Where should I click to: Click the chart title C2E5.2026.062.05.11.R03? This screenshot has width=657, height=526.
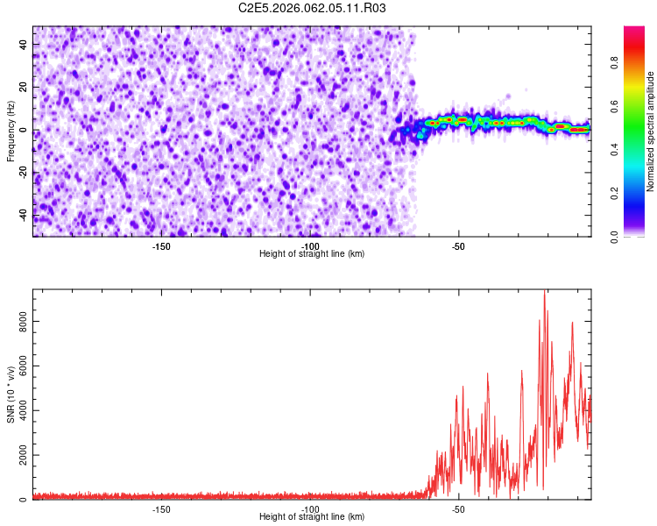312,8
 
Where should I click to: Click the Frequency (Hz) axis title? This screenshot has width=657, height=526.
11,131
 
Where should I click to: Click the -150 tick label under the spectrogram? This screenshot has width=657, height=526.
161,245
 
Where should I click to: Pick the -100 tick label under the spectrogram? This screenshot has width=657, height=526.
309,245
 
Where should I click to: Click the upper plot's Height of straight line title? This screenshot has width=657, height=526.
312,254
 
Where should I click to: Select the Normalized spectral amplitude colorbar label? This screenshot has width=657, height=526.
651,131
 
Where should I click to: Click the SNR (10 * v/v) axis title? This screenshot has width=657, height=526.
11,394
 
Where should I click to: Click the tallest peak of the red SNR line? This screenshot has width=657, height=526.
544,293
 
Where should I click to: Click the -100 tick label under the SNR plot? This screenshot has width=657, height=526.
309,509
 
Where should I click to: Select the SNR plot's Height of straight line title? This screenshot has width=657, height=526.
312,518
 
